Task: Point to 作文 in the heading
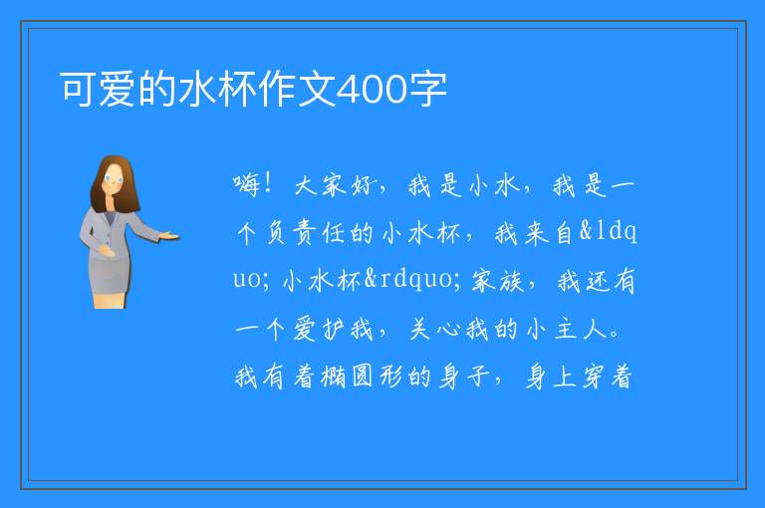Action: (298, 90)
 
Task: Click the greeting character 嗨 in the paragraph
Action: (246, 185)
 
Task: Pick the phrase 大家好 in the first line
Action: (336, 185)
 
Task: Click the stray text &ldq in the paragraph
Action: (608, 231)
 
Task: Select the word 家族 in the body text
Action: (498, 281)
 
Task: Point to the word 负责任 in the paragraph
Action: (307, 233)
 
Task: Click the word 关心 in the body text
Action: (434, 330)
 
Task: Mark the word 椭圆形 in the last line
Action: (348, 378)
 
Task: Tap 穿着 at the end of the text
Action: (608, 378)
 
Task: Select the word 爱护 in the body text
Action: (320, 330)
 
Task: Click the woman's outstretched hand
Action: (169, 237)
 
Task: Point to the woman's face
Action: (114, 179)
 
